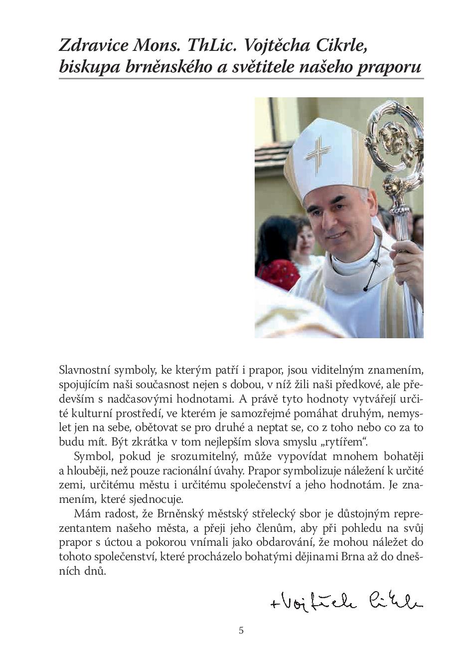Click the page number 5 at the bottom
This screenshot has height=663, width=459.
(241, 630)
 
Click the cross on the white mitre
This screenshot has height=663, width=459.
(317, 154)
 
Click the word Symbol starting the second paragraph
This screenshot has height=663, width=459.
(90, 456)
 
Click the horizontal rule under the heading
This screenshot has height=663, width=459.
(241, 79)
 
